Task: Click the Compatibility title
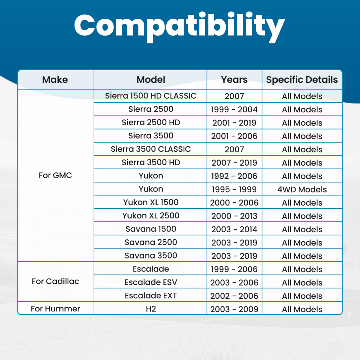point(180,27)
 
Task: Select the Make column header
point(55,80)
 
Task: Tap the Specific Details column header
point(302,80)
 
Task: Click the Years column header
point(234,80)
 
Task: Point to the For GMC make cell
point(55,175)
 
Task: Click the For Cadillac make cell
point(55,281)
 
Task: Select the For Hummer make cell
point(55,309)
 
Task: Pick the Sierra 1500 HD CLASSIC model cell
point(150,96)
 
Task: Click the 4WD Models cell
point(302,189)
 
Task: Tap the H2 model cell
point(150,309)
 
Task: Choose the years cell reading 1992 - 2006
point(234,176)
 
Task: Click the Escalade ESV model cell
point(150,282)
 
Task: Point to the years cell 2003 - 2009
point(234,309)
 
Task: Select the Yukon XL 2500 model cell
point(150,216)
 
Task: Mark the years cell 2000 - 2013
point(234,216)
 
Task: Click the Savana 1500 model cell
point(150,229)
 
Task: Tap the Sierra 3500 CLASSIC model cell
point(150,149)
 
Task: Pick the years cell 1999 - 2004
point(234,109)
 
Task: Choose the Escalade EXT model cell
point(150,296)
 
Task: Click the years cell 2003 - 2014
point(234,229)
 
